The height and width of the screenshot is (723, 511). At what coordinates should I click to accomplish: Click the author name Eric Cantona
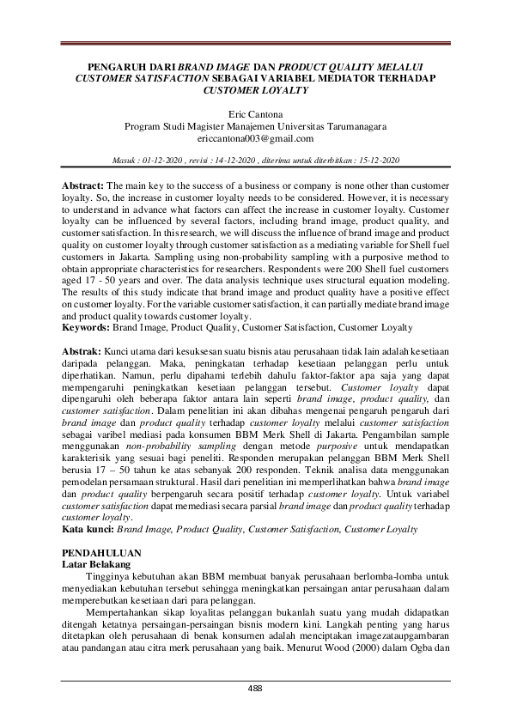click(255, 113)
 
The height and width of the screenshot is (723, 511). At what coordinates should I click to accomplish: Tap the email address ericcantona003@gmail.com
click(255, 137)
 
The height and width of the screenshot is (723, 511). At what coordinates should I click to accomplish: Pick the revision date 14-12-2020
click(242, 161)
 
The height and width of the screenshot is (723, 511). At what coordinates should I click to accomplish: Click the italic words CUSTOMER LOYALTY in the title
click(255, 88)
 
